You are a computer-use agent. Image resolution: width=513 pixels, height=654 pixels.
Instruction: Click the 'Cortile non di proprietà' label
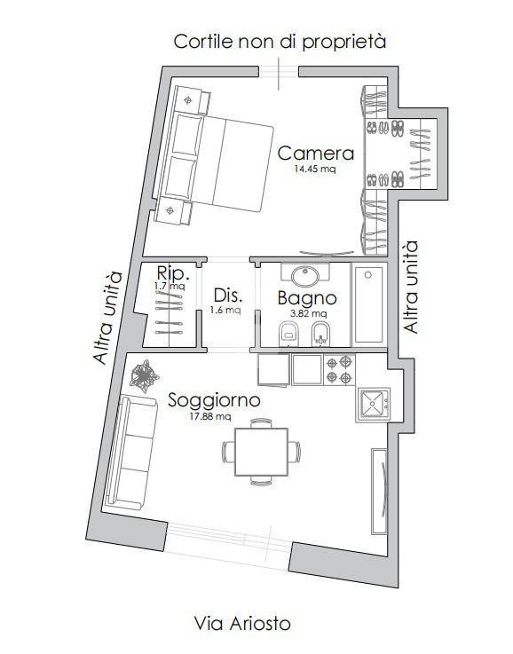tap(280, 42)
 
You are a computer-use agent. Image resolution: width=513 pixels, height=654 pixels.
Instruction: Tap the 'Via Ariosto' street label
tap(242, 624)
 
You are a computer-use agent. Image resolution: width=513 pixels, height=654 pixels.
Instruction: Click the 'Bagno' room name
tap(305, 298)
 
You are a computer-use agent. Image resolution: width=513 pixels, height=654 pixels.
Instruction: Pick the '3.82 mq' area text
tap(308, 313)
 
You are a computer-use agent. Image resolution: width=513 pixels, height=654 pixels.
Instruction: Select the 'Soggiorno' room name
tap(214, 400)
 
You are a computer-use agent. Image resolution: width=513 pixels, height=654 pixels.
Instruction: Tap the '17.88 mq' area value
tap(210, 415)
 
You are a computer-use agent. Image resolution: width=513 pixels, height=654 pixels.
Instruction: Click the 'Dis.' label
tap(227, 295)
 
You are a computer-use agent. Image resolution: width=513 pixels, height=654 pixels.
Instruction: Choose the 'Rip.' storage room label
tap(169, 272)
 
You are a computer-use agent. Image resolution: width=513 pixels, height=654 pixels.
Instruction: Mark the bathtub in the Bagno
tap(368, 303)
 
